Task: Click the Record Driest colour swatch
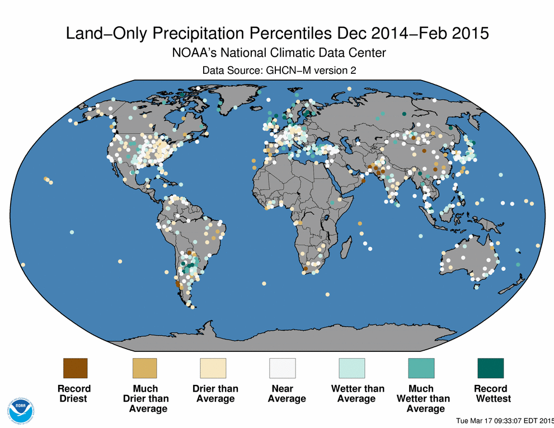[75, 369]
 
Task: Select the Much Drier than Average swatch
[144, 369]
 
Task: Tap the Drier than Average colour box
[213, 369]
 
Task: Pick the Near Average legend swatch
[283, 369]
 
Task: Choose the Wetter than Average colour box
[352, 369]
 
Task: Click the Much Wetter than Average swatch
[421, 369]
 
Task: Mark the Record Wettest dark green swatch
[491, 369]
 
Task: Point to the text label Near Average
[287, 393]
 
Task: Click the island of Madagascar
[346, 246]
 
